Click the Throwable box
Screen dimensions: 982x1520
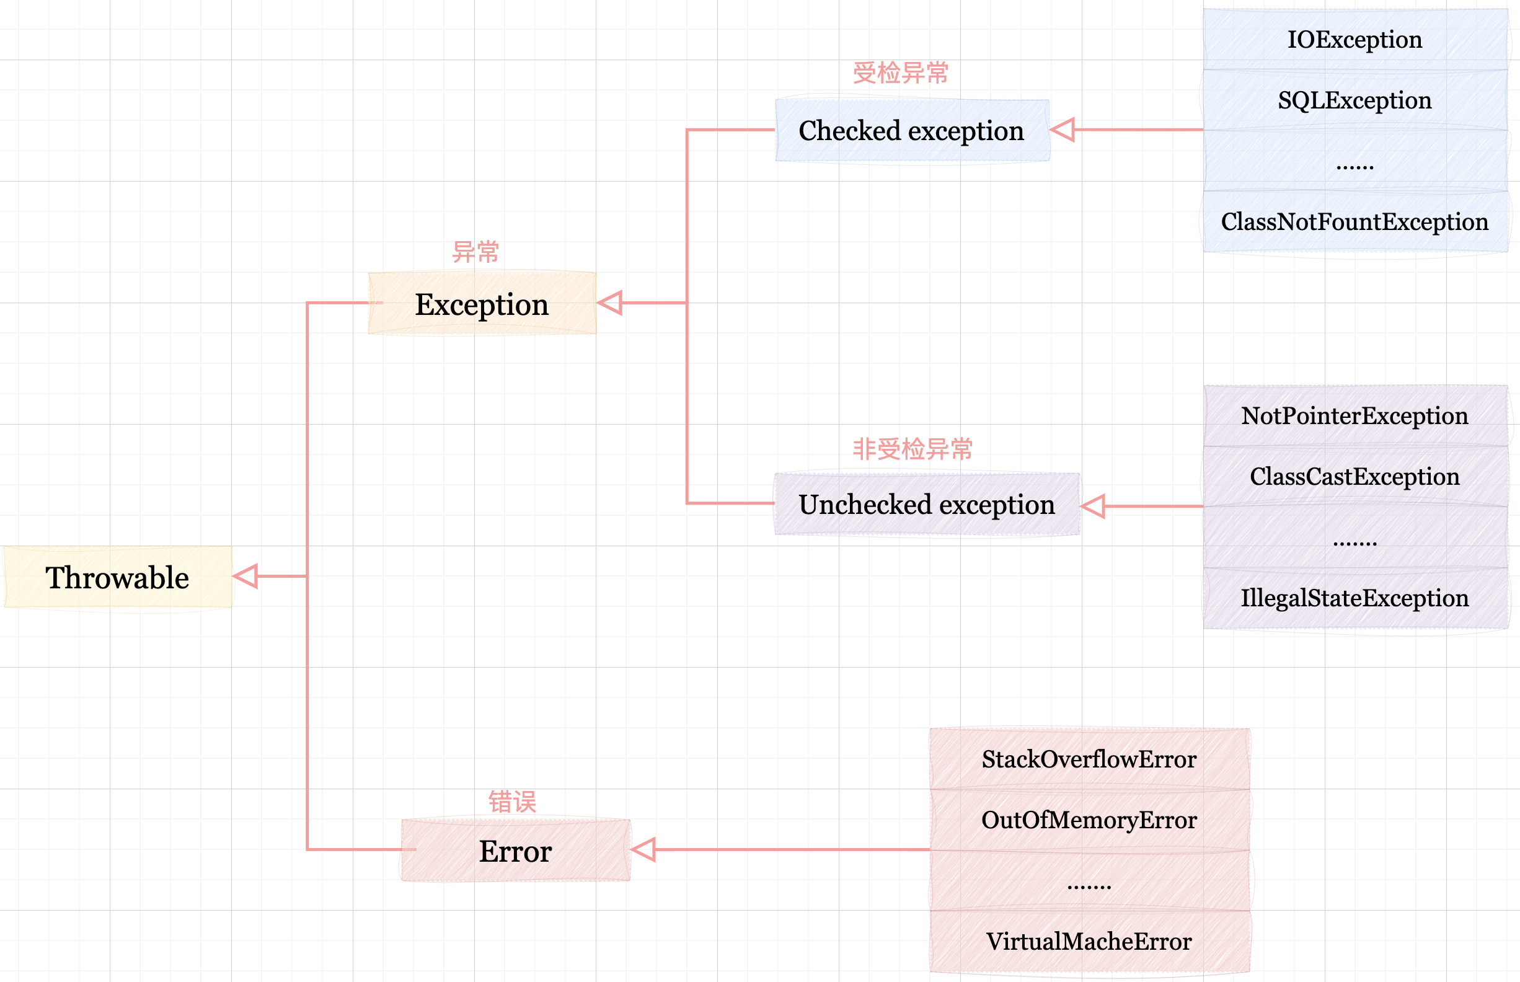(x=118, y=577)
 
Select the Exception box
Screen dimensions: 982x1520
(x=482, y=304)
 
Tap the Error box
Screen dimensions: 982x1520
(x=515, y=851)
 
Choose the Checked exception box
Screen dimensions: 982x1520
(x=912, y=131)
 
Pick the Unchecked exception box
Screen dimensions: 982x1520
(x=926, y=505)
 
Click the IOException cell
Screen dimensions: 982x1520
(x=1355, y=40)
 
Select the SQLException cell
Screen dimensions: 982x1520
(x=1355, y=100)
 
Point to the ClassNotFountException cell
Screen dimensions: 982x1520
(x=1355, y=222)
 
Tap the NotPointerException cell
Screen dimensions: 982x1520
(x=1355, y=416)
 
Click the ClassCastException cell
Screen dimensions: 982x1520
(x=1355, y=476)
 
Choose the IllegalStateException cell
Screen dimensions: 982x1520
(x=1355, y=598)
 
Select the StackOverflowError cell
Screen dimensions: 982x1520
(x=1089, y=759)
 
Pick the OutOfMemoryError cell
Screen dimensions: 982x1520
(x=1089, y=820)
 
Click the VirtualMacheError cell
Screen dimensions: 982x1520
(x=1089, y=941)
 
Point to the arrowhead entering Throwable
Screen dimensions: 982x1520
(x=246, y=577)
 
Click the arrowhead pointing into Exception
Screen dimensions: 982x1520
(x=611, y=303)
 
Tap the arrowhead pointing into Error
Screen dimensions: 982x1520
(x=644, y=849)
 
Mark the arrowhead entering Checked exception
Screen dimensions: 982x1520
(x=1063, y=130)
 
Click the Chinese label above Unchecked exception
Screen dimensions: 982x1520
(x=912, y=449)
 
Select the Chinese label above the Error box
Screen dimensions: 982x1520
(x=512, y=802)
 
